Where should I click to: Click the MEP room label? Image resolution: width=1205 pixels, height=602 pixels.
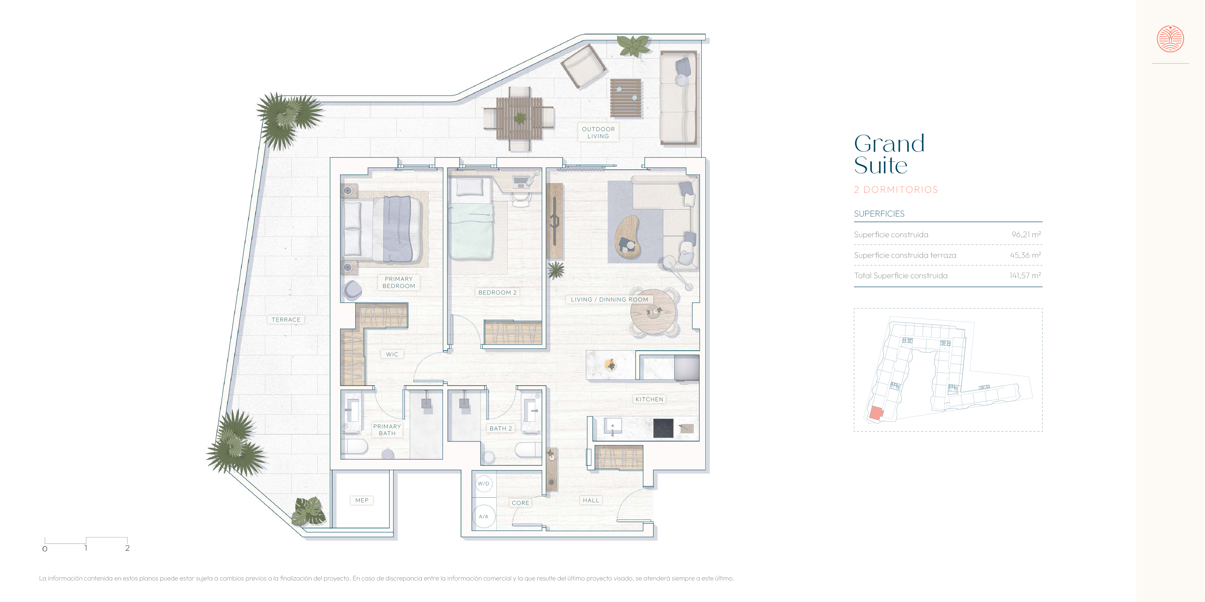click(x=362, y=500)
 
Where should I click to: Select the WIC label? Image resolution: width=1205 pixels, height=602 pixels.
click(x=392, y=354)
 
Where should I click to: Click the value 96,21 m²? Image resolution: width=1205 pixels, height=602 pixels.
click(x=1026, y=234)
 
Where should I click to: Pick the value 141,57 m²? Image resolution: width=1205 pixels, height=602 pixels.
click(x=1025, y=275)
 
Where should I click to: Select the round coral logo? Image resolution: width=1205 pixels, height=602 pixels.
click(x=1170, y=39)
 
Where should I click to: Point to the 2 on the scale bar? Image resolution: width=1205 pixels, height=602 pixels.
click(x=127, y=548)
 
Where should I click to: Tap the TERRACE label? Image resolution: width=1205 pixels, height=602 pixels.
click(x=286, y=320)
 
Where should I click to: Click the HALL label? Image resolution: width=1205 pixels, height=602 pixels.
click(x=591, y=500)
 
